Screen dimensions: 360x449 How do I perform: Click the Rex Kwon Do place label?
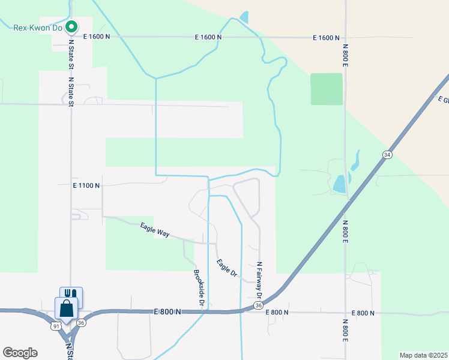tap(37, 26)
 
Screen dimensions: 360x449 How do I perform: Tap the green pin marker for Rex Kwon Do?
tap(71, 26)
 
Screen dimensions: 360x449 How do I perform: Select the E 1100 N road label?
tap(86, 186)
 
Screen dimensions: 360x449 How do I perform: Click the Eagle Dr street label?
tap(227, 268)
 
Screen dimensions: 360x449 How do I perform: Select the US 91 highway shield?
tap(56, 326)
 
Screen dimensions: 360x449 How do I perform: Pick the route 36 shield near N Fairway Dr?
tap(258, 305)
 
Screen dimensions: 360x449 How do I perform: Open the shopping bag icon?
tap(66, 308)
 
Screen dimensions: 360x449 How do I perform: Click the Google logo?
tap(20, 353)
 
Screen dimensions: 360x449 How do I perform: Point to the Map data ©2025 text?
tap(423, 355)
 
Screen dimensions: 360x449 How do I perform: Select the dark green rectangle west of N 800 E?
tap(326, 89)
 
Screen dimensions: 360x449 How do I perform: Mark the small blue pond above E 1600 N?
tap(244, 17)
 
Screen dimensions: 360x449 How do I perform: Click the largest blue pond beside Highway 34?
tap(340, 183)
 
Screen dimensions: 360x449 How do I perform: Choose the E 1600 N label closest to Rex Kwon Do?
tap(97, 37)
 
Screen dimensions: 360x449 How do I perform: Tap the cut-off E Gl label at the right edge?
tap(443, 100)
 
